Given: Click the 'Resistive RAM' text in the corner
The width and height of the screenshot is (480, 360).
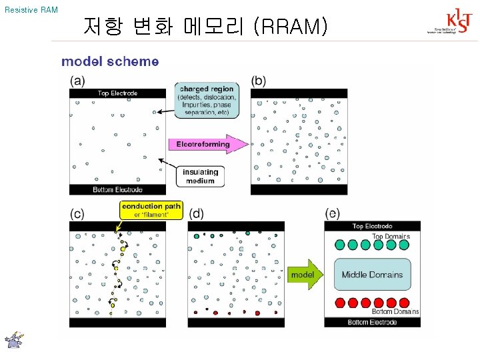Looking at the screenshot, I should pos(31,10).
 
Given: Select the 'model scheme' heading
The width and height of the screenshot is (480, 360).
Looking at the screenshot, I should pos(110,61).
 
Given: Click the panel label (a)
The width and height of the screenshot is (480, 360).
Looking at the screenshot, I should pos(77,81).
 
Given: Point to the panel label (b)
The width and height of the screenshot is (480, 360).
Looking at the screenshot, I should pos(259,81).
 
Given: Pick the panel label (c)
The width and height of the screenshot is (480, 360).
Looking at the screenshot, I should pos(77,213).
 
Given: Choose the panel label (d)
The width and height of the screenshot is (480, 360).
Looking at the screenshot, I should pos(196,213).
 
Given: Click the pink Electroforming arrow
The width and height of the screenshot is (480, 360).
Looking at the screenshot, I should pos(204,144).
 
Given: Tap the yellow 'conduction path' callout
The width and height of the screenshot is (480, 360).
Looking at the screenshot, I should pos(151,209).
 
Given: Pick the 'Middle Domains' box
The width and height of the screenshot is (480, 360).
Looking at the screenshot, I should pos(372,275).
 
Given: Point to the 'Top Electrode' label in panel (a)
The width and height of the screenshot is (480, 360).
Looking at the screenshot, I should pos(117,93).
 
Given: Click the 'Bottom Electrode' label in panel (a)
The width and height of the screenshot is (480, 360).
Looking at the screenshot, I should pos(117,189).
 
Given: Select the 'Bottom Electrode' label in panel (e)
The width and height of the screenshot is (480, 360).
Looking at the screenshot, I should pos(372,323).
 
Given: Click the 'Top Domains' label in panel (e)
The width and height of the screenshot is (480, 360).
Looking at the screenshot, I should pos(391,236).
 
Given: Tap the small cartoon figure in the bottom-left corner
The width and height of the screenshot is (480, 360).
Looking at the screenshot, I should pos(14,340).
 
